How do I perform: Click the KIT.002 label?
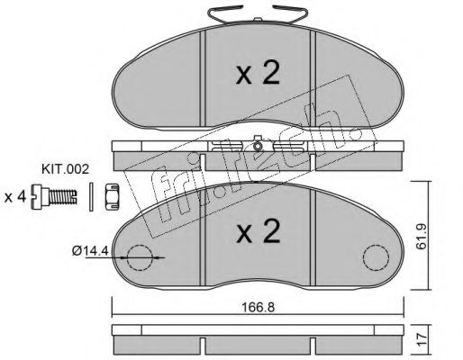65,169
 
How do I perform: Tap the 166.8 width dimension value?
259,307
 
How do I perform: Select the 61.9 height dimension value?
422,237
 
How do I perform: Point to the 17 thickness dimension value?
422,339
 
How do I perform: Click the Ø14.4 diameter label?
90,250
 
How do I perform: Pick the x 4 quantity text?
15,197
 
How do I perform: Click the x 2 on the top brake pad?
258,73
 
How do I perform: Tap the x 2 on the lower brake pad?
258,231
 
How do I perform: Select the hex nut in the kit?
112,196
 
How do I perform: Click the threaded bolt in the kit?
54,196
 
